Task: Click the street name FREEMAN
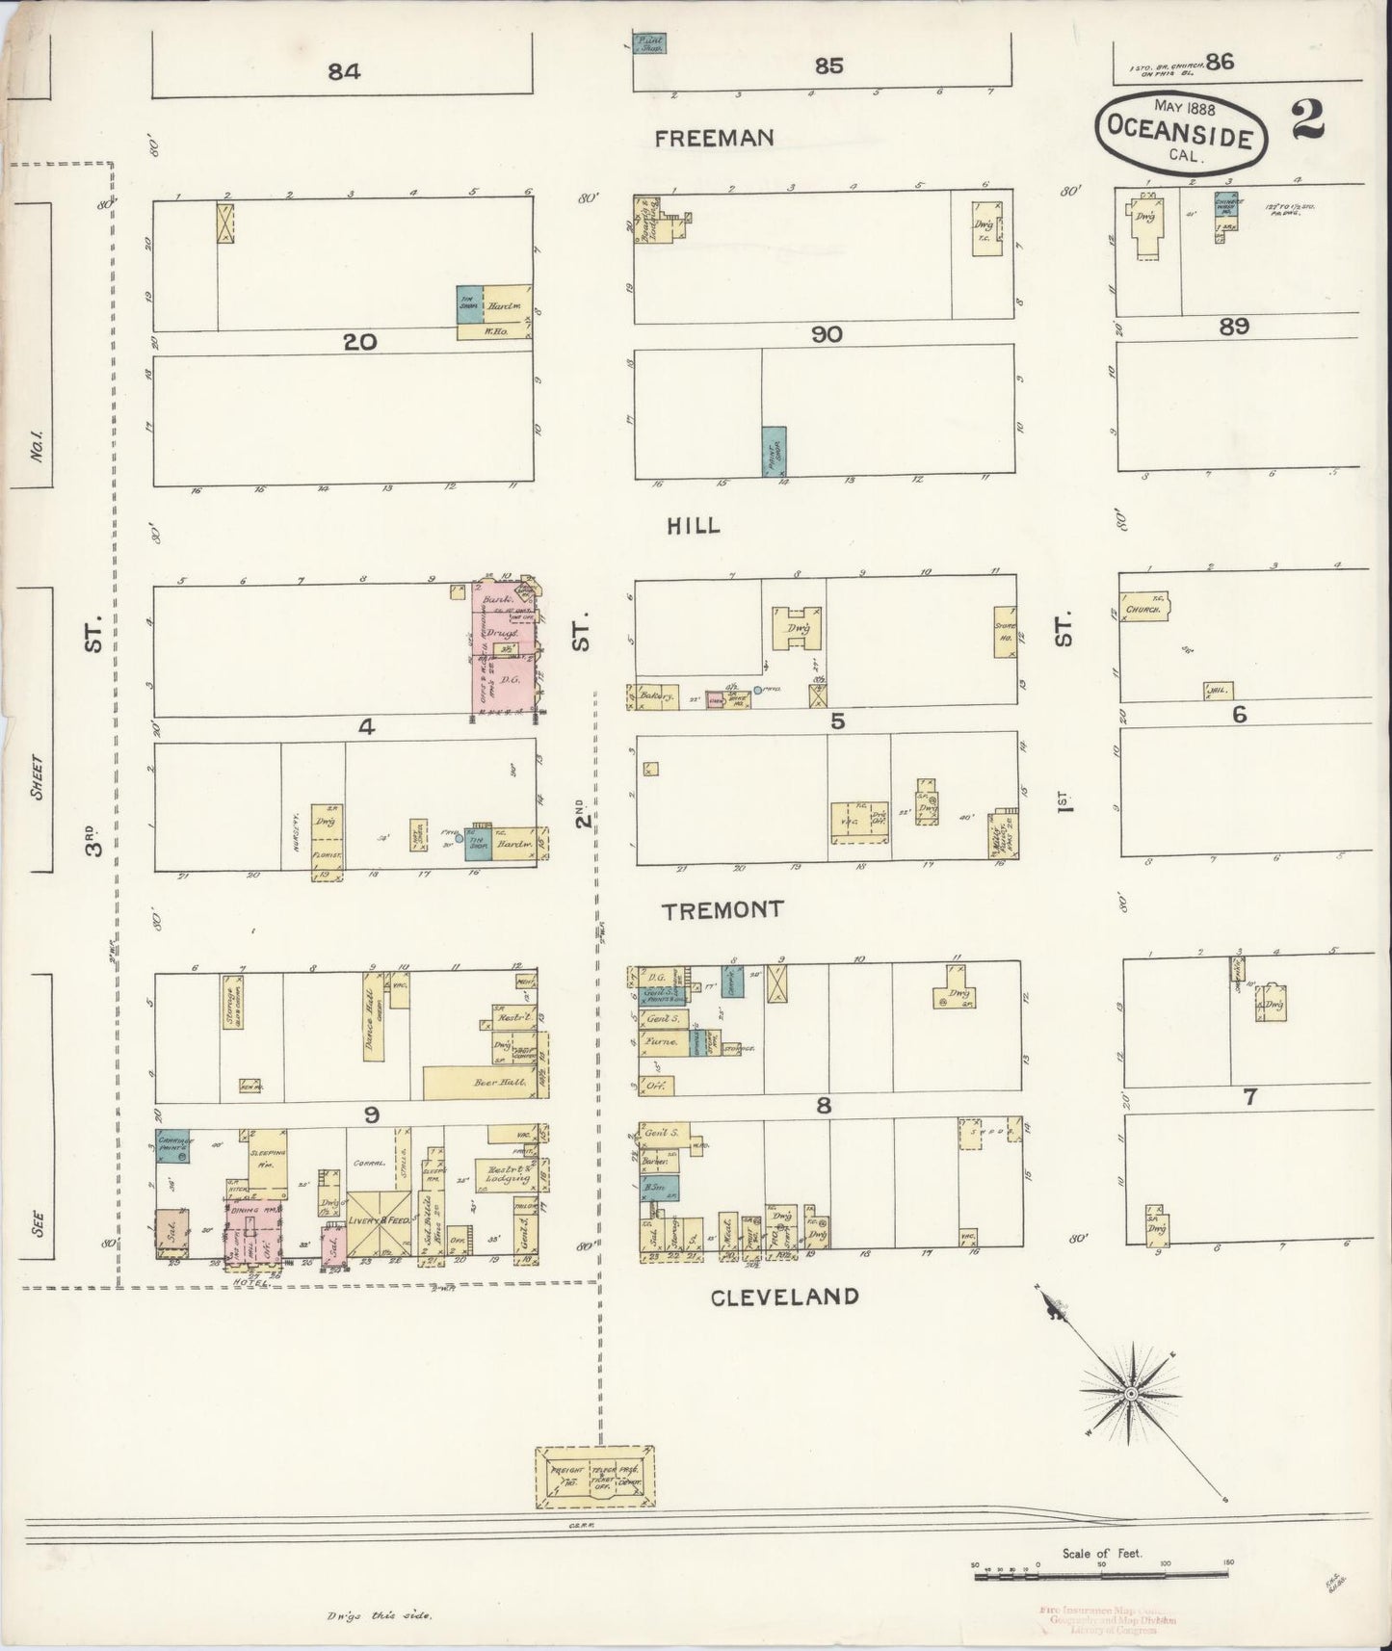713,139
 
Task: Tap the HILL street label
694,526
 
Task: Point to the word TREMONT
723,909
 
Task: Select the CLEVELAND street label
784,1297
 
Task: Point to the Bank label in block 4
497,597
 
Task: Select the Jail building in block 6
1218,690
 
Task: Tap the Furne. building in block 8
661,1042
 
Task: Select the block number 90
827,334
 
